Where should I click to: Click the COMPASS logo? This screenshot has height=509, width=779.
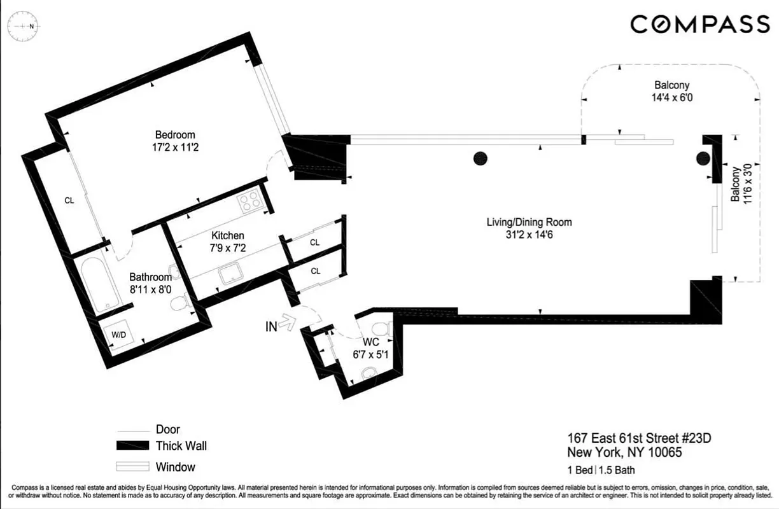pos(700,24)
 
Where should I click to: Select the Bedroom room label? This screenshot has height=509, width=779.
pos(175,135)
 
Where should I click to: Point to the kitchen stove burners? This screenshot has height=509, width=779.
pos(250,201)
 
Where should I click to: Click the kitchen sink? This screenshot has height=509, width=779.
pos(230,275)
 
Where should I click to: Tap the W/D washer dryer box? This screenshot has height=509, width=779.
pos(119,335)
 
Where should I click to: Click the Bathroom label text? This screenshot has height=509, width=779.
pos(151,277)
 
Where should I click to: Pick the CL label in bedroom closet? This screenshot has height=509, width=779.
pos(69,200)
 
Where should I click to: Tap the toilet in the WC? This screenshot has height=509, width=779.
pos(381,330)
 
